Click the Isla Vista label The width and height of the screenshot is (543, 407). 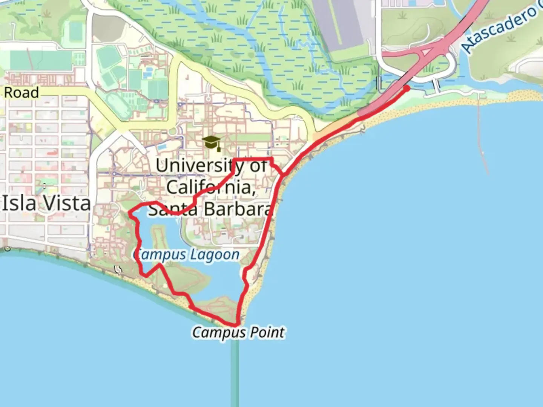(x=47, y=203)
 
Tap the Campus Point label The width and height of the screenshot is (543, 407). (x=238, y=332)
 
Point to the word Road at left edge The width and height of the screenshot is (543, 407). (x=21, y=93)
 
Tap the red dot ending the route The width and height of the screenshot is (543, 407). (x=407, y=88)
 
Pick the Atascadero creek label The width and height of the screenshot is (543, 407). (x=500, y=28)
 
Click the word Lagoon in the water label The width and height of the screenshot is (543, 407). (x=220, y=255)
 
